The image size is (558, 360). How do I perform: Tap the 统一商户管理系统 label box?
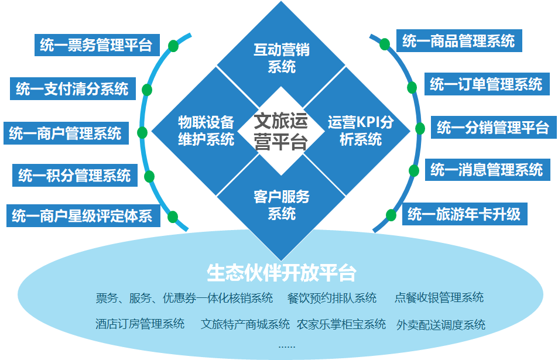[65, 133]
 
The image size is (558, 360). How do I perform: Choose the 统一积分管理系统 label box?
[74, 174]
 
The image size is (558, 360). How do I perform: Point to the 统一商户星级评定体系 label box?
[82, 216]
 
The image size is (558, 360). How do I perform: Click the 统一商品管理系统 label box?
[458, 41]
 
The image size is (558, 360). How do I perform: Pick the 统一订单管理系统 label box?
[486, 84]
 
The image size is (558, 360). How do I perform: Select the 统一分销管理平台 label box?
[492, 127]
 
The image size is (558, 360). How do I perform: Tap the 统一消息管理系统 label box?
[487, 170]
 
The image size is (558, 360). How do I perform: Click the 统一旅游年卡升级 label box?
[464, 214]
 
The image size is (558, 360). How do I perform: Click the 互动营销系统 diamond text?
[282, 58]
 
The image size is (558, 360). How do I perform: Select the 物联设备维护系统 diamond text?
[206, 131]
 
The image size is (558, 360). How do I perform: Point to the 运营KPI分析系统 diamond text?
[360, 131]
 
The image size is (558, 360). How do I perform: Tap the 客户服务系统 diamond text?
[282, 204]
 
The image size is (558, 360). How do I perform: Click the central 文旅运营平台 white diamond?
[282, 132]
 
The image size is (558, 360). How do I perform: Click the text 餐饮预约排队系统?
[332, 298]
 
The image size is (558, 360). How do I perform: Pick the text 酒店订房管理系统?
[140, 324]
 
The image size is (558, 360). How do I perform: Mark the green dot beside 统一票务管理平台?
[173, 46]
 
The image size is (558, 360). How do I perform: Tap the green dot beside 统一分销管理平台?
[420, 128]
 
